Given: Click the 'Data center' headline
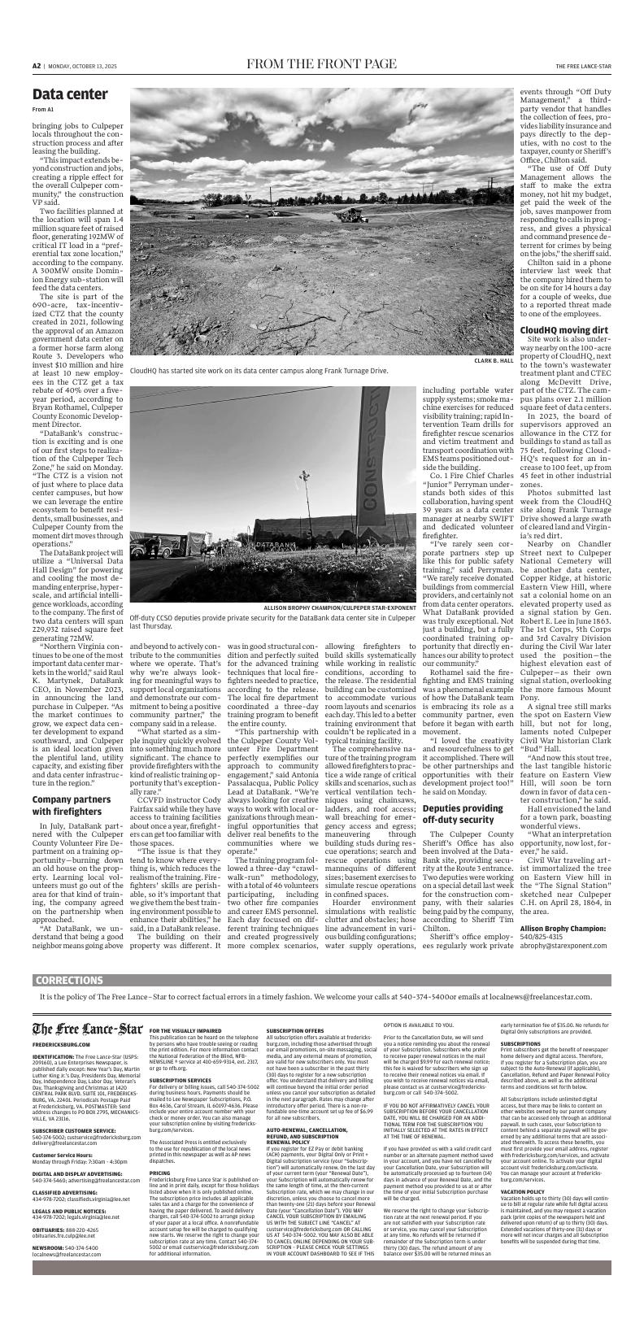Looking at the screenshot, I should (70, 95).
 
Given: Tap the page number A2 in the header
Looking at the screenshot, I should (37, 66).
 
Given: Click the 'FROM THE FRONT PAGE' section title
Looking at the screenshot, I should (322, 65).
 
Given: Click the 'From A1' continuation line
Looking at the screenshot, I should (43, 110).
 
